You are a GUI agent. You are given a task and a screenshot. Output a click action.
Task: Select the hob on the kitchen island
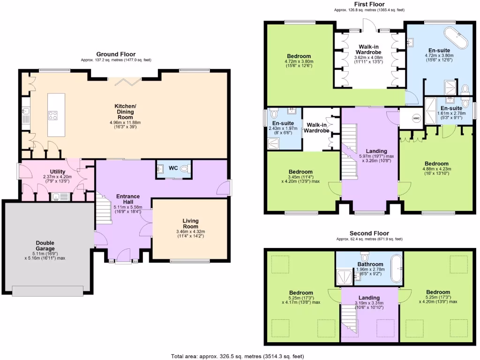[53, 115]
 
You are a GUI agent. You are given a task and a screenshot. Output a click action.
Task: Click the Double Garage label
[45, 245]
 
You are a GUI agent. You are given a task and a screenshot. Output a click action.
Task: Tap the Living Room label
[190, 223]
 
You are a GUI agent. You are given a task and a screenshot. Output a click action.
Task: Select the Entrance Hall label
[128, 199]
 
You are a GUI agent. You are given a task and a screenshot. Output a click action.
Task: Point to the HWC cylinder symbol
[416, 118]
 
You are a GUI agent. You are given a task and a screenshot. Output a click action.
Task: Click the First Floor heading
[369, 4]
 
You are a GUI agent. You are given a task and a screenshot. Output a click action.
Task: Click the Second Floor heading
[369, 233]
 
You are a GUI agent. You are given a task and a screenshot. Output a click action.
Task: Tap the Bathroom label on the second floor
[370, 264]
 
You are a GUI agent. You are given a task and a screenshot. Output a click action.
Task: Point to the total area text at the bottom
[240, 356]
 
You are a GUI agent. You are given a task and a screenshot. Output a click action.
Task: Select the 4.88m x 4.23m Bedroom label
[436, 164]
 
